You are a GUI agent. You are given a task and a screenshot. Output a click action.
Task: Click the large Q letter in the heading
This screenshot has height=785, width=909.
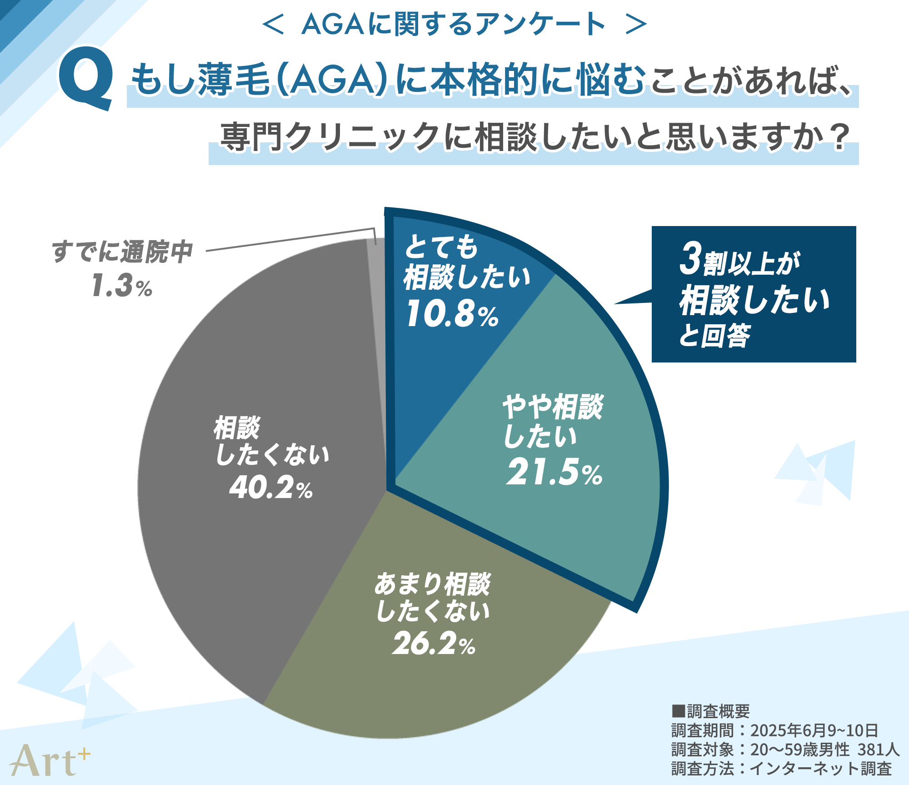(85, 78)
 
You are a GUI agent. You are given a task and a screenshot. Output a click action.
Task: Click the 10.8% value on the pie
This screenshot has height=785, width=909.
(452, 314)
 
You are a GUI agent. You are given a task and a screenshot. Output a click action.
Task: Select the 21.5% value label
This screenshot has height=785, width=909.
(554, 473)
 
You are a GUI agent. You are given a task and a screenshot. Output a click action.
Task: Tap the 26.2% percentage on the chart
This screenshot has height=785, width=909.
(434, 644)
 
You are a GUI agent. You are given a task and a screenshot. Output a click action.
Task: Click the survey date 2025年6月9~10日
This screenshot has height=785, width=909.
(814, 730)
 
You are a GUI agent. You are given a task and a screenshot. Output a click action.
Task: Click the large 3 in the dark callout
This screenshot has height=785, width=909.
(690, 259)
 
